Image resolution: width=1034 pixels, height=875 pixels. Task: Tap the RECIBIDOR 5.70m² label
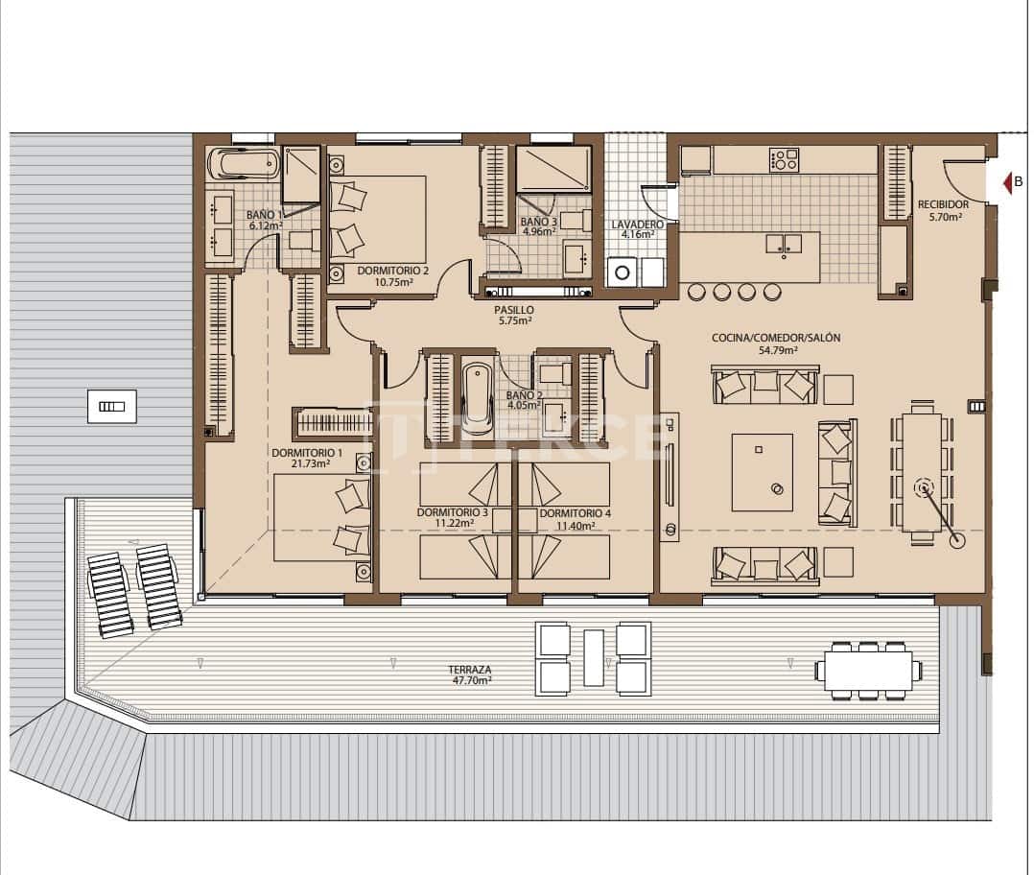pyautogui.click(x=942, y=210)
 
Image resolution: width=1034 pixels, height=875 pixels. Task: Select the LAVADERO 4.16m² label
pyautogui.click(x=632, y=228)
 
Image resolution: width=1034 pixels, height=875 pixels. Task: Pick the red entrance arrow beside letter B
pyautogui.click(x=1006, y=182)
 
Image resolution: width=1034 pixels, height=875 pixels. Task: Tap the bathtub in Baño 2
pyautogui.click(x=476, y=396)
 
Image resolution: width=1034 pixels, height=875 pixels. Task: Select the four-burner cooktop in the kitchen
pyautogui.click(x=784, y=159)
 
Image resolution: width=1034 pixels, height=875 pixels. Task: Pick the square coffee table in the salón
pyautogui.click(x=763, y=472)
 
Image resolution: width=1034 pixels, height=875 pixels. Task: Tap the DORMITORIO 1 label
pyautogui.click(x=307, y=458)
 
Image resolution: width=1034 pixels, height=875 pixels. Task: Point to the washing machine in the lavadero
pyautogui.click(x=622, y=272)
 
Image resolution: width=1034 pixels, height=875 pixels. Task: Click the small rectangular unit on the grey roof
pyautogui.click(x=111, y=406)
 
